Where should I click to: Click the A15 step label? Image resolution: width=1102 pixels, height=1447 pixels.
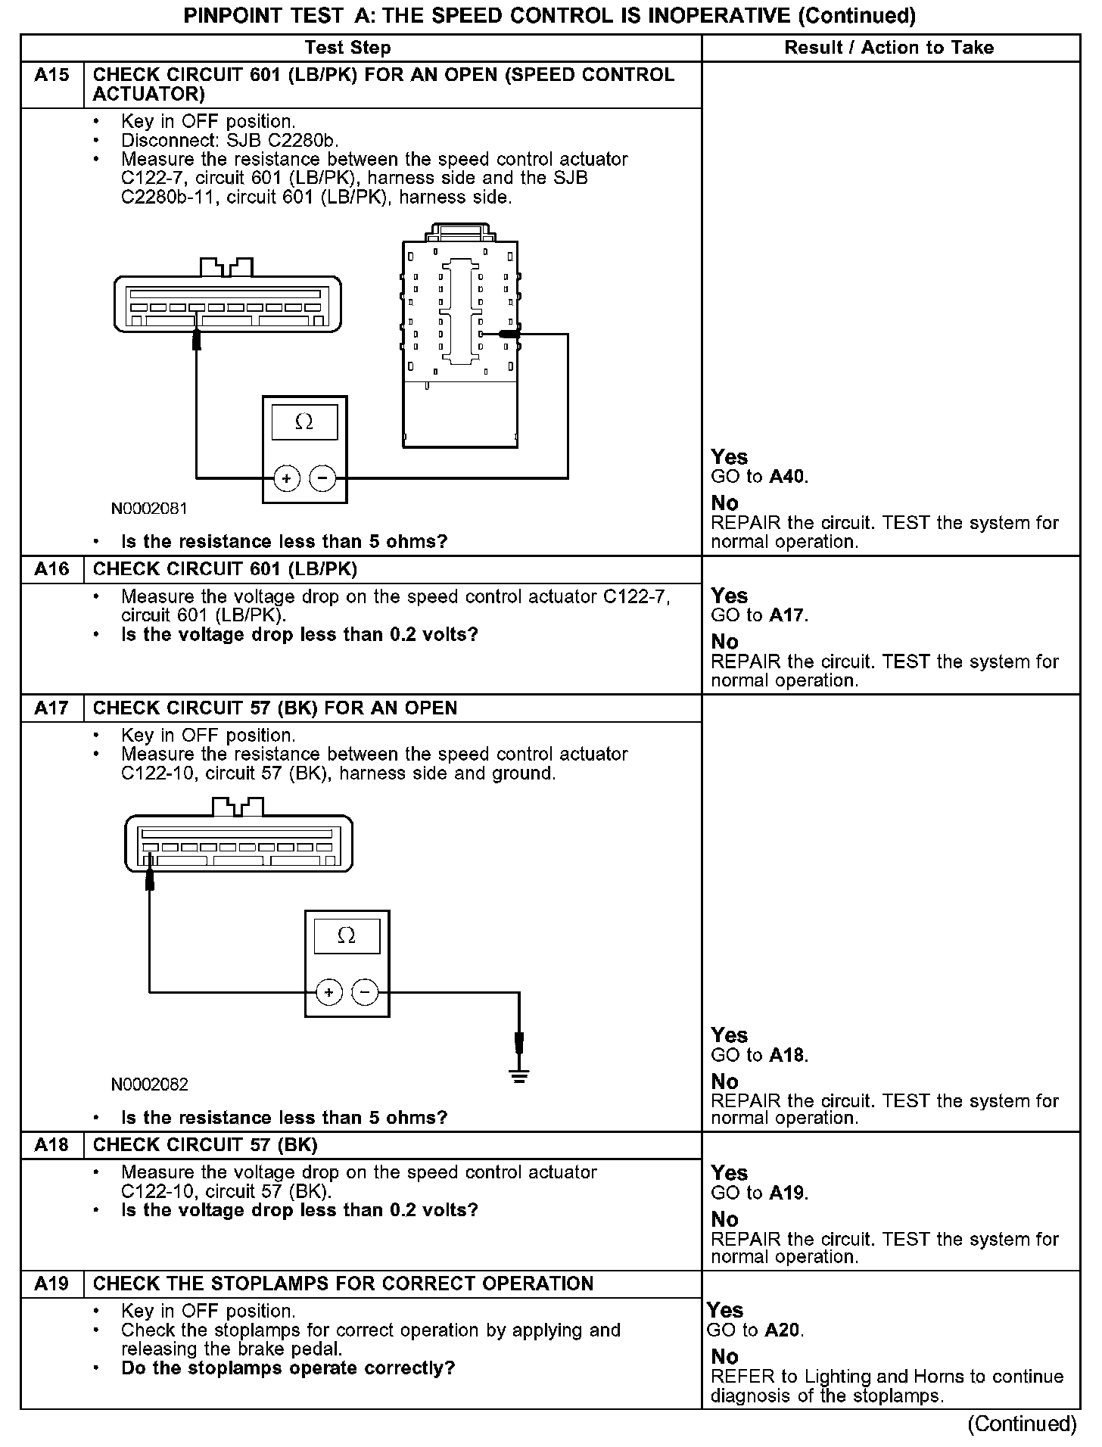[51, 75]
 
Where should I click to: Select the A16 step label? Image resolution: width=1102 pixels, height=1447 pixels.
[51, 569]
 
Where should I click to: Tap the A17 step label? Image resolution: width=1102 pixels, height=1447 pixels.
[51, 708]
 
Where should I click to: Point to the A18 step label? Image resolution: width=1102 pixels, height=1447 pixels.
[51, 1145]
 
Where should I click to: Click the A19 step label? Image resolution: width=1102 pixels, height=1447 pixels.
[51, 1284]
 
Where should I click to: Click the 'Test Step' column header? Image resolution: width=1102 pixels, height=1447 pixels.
[348, 48]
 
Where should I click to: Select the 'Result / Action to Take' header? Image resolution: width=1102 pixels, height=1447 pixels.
[889, 48]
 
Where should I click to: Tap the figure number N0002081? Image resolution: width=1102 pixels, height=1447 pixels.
[149, 509]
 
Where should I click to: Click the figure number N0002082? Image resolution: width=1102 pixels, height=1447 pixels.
[149, 1084]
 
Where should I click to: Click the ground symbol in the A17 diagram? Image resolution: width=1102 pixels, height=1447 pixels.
[518, 1075]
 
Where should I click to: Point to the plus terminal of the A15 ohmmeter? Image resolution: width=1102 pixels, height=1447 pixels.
[287, 478]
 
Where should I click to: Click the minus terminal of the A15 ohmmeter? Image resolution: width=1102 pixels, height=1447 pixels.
[323, 478]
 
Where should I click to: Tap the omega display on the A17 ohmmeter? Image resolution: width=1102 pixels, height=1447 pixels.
[347, 936]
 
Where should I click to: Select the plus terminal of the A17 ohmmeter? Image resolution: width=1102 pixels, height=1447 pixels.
[328, 991]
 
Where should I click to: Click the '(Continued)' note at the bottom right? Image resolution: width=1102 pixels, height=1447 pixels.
[1022, 1424]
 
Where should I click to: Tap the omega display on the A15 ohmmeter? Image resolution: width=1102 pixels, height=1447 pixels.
[304, 422]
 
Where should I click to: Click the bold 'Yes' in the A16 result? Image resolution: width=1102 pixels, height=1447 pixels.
[729, 596]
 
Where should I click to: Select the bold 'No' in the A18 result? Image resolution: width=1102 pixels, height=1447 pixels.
[724, 1219]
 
